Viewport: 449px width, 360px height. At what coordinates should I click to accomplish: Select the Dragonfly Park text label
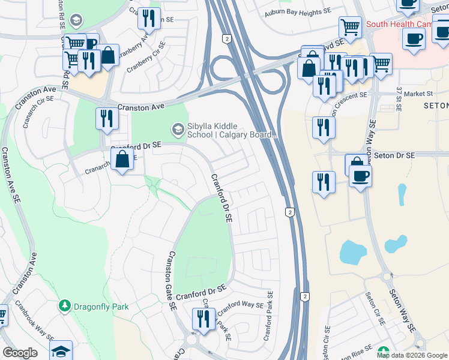click(x=101, y=307)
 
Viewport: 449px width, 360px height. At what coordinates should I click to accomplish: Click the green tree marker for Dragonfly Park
click(x=64, y=306)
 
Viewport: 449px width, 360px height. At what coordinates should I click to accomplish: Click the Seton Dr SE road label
click(x=394, y=155)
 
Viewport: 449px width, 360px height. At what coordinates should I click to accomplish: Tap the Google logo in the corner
click(x=20, y=353)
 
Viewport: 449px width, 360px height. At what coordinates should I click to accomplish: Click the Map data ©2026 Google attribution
click(x=412, y=355)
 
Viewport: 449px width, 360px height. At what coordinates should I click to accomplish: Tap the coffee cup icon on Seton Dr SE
click(x=360, y=176)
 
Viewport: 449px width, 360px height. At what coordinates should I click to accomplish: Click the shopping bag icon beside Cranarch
click(x=122, y=160)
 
